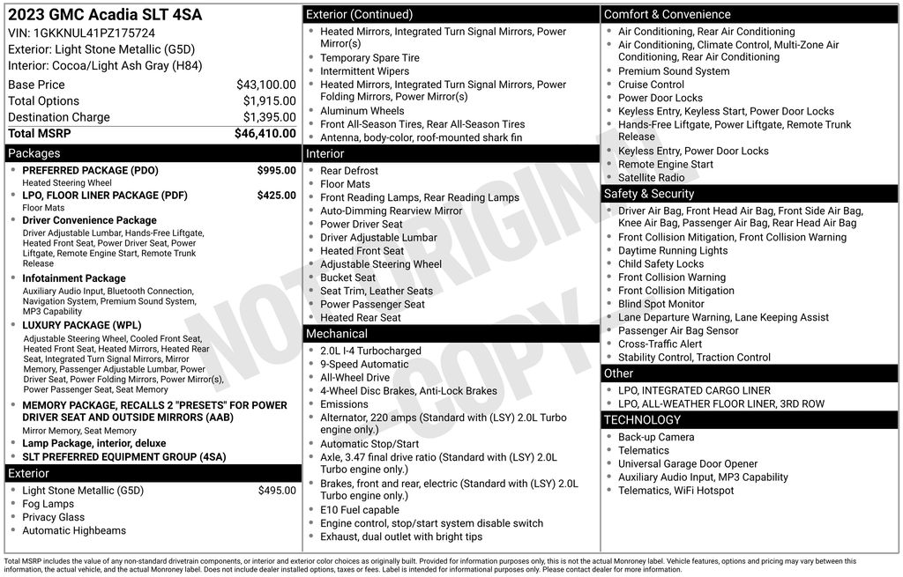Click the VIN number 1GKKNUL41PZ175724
pos(93,33)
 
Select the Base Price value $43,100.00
pos(265,85)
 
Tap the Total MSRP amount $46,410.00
pos(265,134)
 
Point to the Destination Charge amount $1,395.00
pos(269,117)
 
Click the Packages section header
pos(34,153)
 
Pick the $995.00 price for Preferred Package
pos(276,170)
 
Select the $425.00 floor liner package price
pos(276,196)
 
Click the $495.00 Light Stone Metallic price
pos(276,491)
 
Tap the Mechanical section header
pos(336,334)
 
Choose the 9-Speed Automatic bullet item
pos(364,364)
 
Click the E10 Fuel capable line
pos(359,510)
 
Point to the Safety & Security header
pos(649,194)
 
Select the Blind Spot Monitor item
pos(661,304)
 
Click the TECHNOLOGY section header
pos(643,420)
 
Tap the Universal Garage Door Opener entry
pos(688,463)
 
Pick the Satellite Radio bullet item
pos(651,178)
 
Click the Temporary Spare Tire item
pos(369,58)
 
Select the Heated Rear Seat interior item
pos(360,318)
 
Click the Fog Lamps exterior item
pos(49,504)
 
